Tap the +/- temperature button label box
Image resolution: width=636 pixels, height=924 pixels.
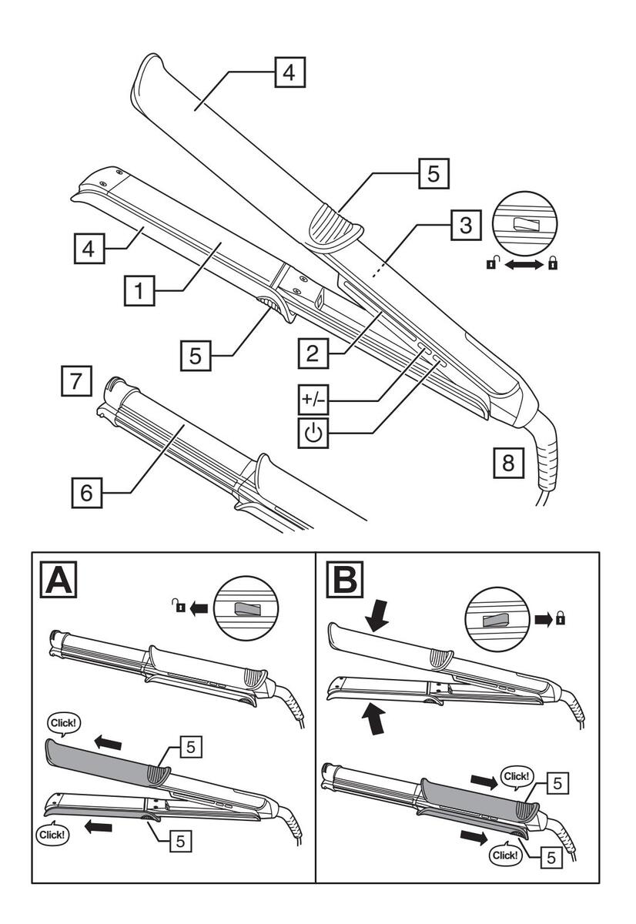click(314, 400)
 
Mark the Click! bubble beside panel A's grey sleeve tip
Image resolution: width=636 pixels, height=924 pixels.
click(63, 723)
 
